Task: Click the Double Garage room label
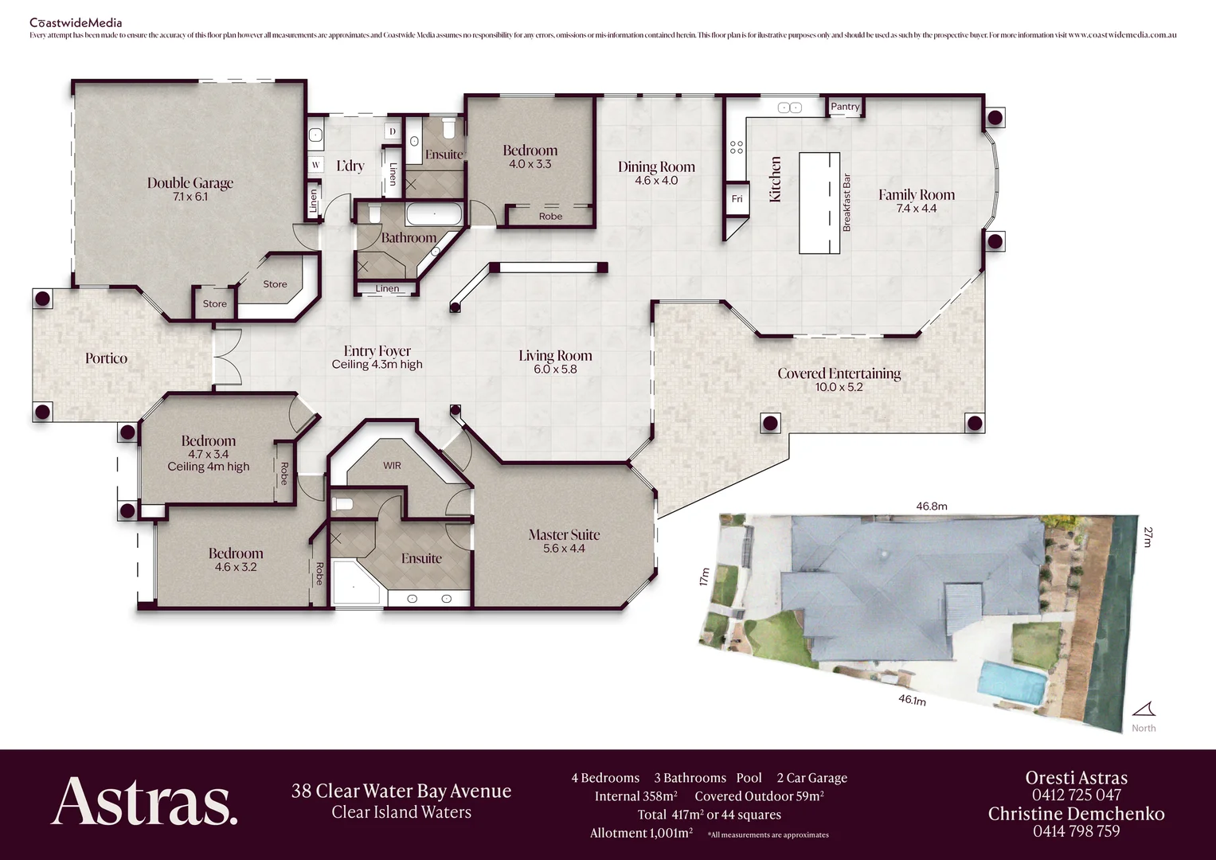tap(190, 183)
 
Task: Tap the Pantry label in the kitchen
tap(845, 107)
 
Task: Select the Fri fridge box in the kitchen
tap(737, 199)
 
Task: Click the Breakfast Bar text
tap(847, 203)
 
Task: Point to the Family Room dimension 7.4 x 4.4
tap(917, 209)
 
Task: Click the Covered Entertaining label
tap(839, 373)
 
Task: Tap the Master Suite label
tap(564, 535)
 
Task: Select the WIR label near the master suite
tap(392, 466)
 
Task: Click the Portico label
tap(106, 358)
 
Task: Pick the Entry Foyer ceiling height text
tap(377, 365)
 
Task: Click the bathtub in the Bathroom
tap(434, 214)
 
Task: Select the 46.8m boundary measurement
tap(931, 506)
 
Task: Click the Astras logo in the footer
tap(144, 801)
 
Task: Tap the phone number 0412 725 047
tap(1076, 795)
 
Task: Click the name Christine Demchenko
tap(1076, 814)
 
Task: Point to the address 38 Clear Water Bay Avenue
tap(401, 791)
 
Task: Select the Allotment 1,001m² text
tap(641, 833)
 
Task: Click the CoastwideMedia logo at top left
tap(76, 23)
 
